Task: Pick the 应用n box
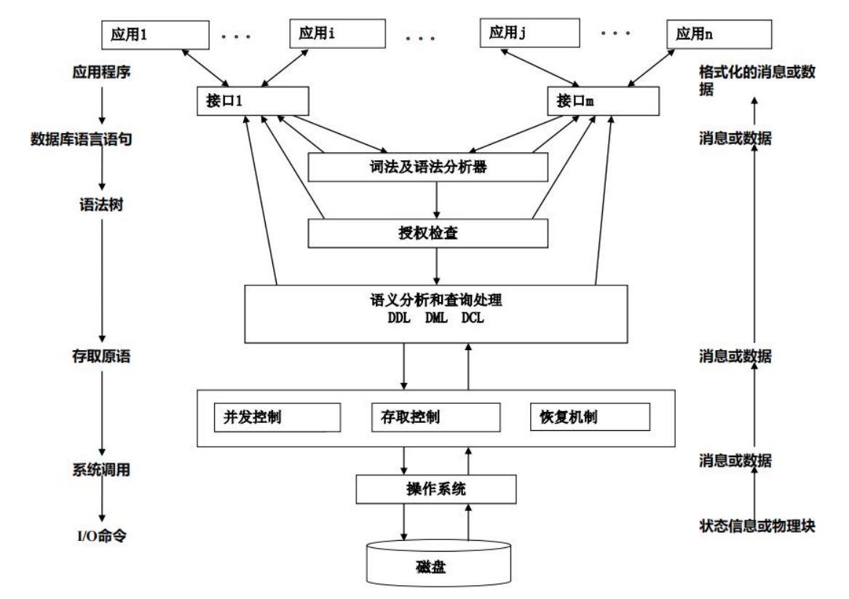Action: tap(719, 33)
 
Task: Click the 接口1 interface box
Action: tap(248, 103)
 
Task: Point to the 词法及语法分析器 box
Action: tap(427, 167)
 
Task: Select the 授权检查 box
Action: tap(427, 234)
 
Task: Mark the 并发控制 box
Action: tap(277, 418)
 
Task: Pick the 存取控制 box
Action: tap(435, 418)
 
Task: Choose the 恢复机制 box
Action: tap(589, 418)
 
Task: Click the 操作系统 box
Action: tap(435, 489)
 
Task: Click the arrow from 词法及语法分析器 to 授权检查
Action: tap(436, 200)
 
